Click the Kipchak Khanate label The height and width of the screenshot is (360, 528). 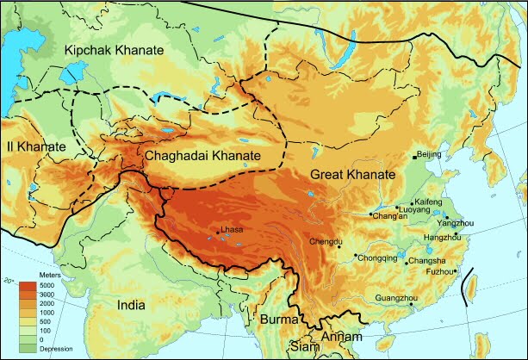click(112, 52)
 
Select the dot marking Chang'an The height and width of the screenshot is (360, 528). click(371, 214)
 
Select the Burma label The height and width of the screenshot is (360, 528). click(278, 320)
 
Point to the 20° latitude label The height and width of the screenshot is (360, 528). click(9, 281)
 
